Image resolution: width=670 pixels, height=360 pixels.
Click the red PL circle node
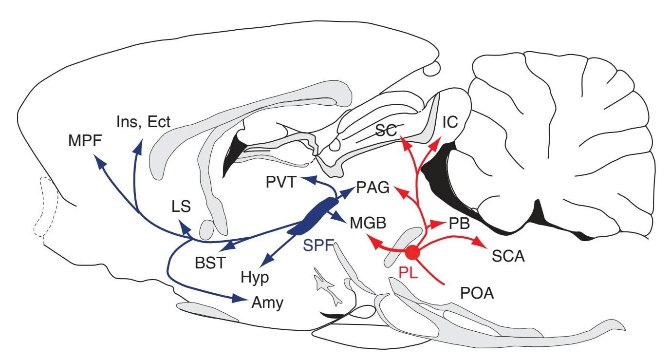coord(412,252)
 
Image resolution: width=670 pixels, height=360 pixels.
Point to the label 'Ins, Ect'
coord(144,121)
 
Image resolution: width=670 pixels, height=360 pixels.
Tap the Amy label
coord(267,303)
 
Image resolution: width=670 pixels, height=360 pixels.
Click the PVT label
coord(282,184)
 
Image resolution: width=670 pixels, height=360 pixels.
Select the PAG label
coord(373,187)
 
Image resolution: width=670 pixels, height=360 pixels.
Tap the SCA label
coord(508,255)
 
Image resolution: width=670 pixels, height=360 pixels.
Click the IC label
coord(449,122)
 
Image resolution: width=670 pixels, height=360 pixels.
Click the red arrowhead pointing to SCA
coord(479,242)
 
